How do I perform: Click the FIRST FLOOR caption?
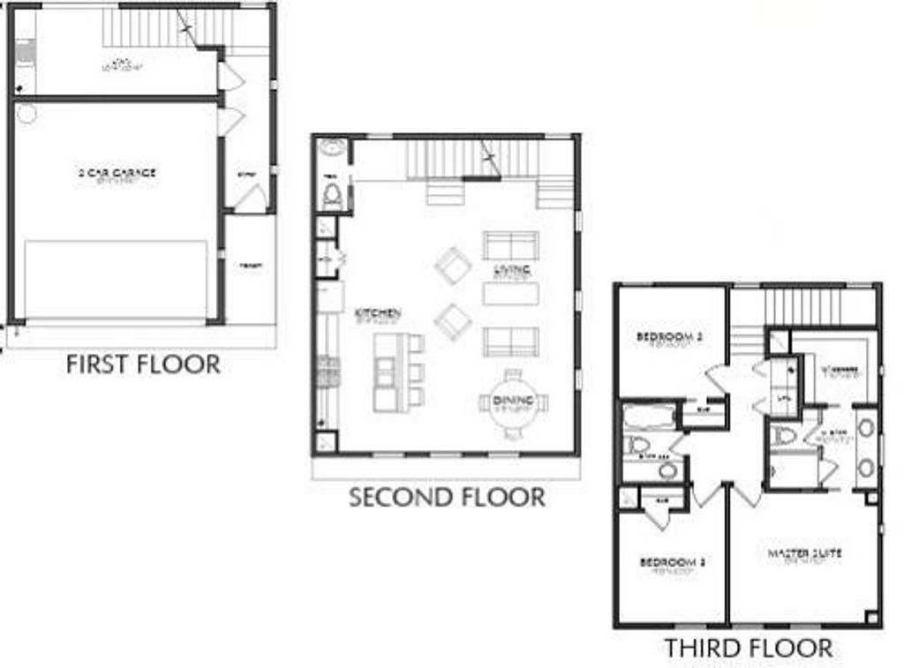pyautogui.click(x=143, y=364)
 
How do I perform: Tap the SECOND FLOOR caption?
pyautogui.click(x=447, y=497)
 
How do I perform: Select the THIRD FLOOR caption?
pyautogui.click(x=748, y=648)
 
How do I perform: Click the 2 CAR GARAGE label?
pyautogui.click(x=116, y=173)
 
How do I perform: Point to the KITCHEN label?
pyautogui.click(x=378, y=313)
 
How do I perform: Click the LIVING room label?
pyautogui.click(x=511, y=270)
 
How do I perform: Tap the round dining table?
pyautogui.click(x=513, y=403)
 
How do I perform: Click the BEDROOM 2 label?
pyautogui.click(x=669, y=337)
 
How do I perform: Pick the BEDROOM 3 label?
pyautogui.click(x=669, y=562)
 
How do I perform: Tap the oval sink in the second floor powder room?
pyautogui.click(x=333, y=148)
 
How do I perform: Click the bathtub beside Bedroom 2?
pyautogui.click(x=649, y=416)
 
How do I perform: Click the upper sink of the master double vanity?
pyautogui.click(x=867, y=428)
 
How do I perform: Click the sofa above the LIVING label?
pyautogui.click(x=510, y=244)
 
